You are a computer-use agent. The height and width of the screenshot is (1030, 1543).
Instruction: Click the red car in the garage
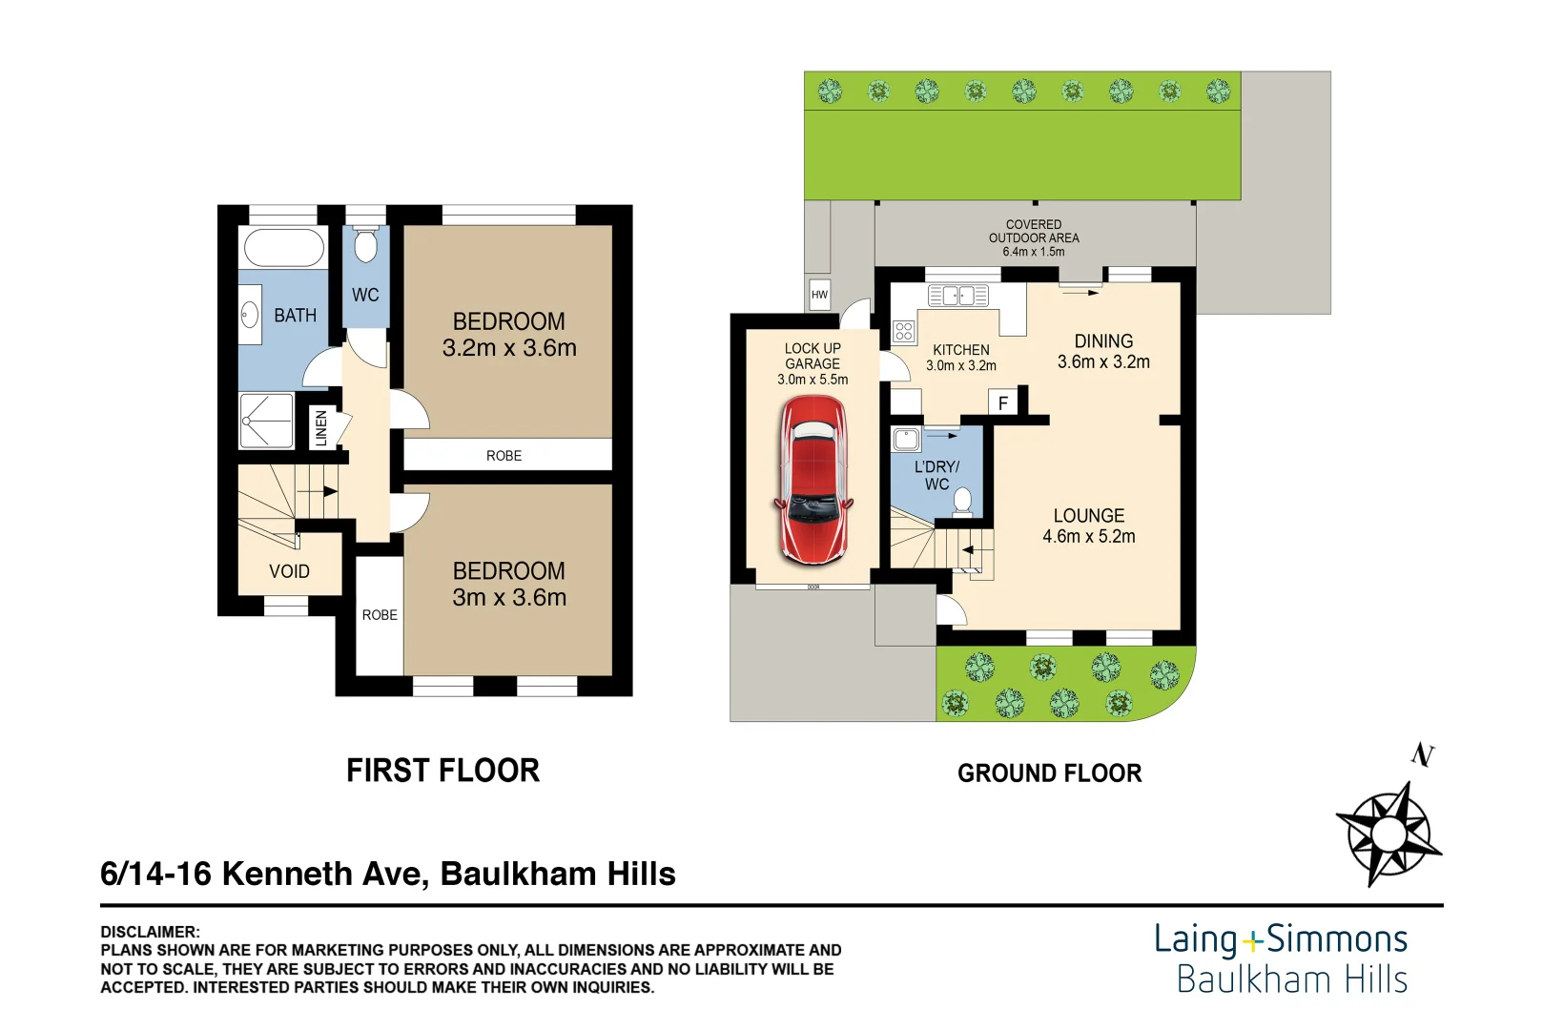(813, 481)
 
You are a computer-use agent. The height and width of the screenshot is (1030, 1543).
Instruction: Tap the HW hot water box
(819, 295)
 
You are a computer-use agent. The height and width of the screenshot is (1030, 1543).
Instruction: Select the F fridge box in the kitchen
(1003, 402)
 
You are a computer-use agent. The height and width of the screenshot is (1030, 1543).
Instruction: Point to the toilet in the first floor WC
(365, 244)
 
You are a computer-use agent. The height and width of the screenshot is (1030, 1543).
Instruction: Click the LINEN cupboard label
(321, 428)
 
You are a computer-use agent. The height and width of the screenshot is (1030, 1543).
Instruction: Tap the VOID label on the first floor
(289, 571)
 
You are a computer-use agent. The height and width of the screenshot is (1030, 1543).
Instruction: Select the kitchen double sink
(957, 296)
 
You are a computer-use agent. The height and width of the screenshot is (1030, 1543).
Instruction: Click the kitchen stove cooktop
(904, 331)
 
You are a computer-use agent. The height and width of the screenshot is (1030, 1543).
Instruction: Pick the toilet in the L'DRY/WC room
(961, 503)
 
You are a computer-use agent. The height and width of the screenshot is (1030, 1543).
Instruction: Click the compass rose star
(1388, 834)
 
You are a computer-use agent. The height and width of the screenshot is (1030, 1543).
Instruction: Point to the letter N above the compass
(1423, 754)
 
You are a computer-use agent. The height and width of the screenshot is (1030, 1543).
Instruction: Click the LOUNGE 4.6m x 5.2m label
(1088, 525)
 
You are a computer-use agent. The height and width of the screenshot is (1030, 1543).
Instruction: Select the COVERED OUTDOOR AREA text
(1033, 232)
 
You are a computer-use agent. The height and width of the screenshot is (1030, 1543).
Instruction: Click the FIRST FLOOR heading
(442, 771)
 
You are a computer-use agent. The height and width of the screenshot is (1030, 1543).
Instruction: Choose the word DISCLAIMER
(150, 932)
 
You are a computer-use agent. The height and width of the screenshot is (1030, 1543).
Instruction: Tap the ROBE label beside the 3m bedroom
(380, 614)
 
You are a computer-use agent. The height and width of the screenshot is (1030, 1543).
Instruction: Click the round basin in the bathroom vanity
(249, 316)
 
